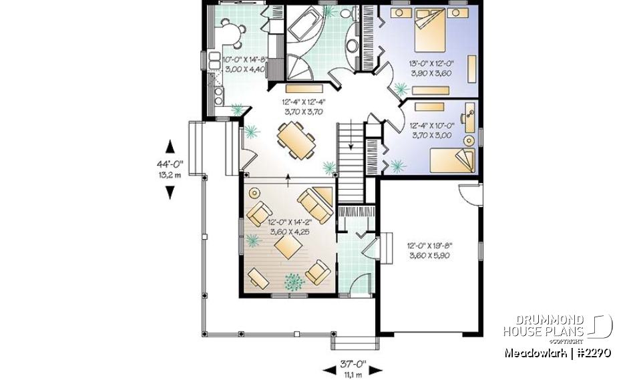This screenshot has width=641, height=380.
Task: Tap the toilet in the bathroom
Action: click(x=347, y=13)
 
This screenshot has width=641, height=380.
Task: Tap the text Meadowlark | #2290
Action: click(x=557, y=352)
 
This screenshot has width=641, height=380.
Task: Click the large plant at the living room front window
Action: click(x=292, y=282)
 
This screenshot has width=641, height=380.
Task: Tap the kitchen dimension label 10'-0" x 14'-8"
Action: click(x=244, y=63)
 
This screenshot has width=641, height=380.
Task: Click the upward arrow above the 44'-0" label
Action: click(x=170, y=146)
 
